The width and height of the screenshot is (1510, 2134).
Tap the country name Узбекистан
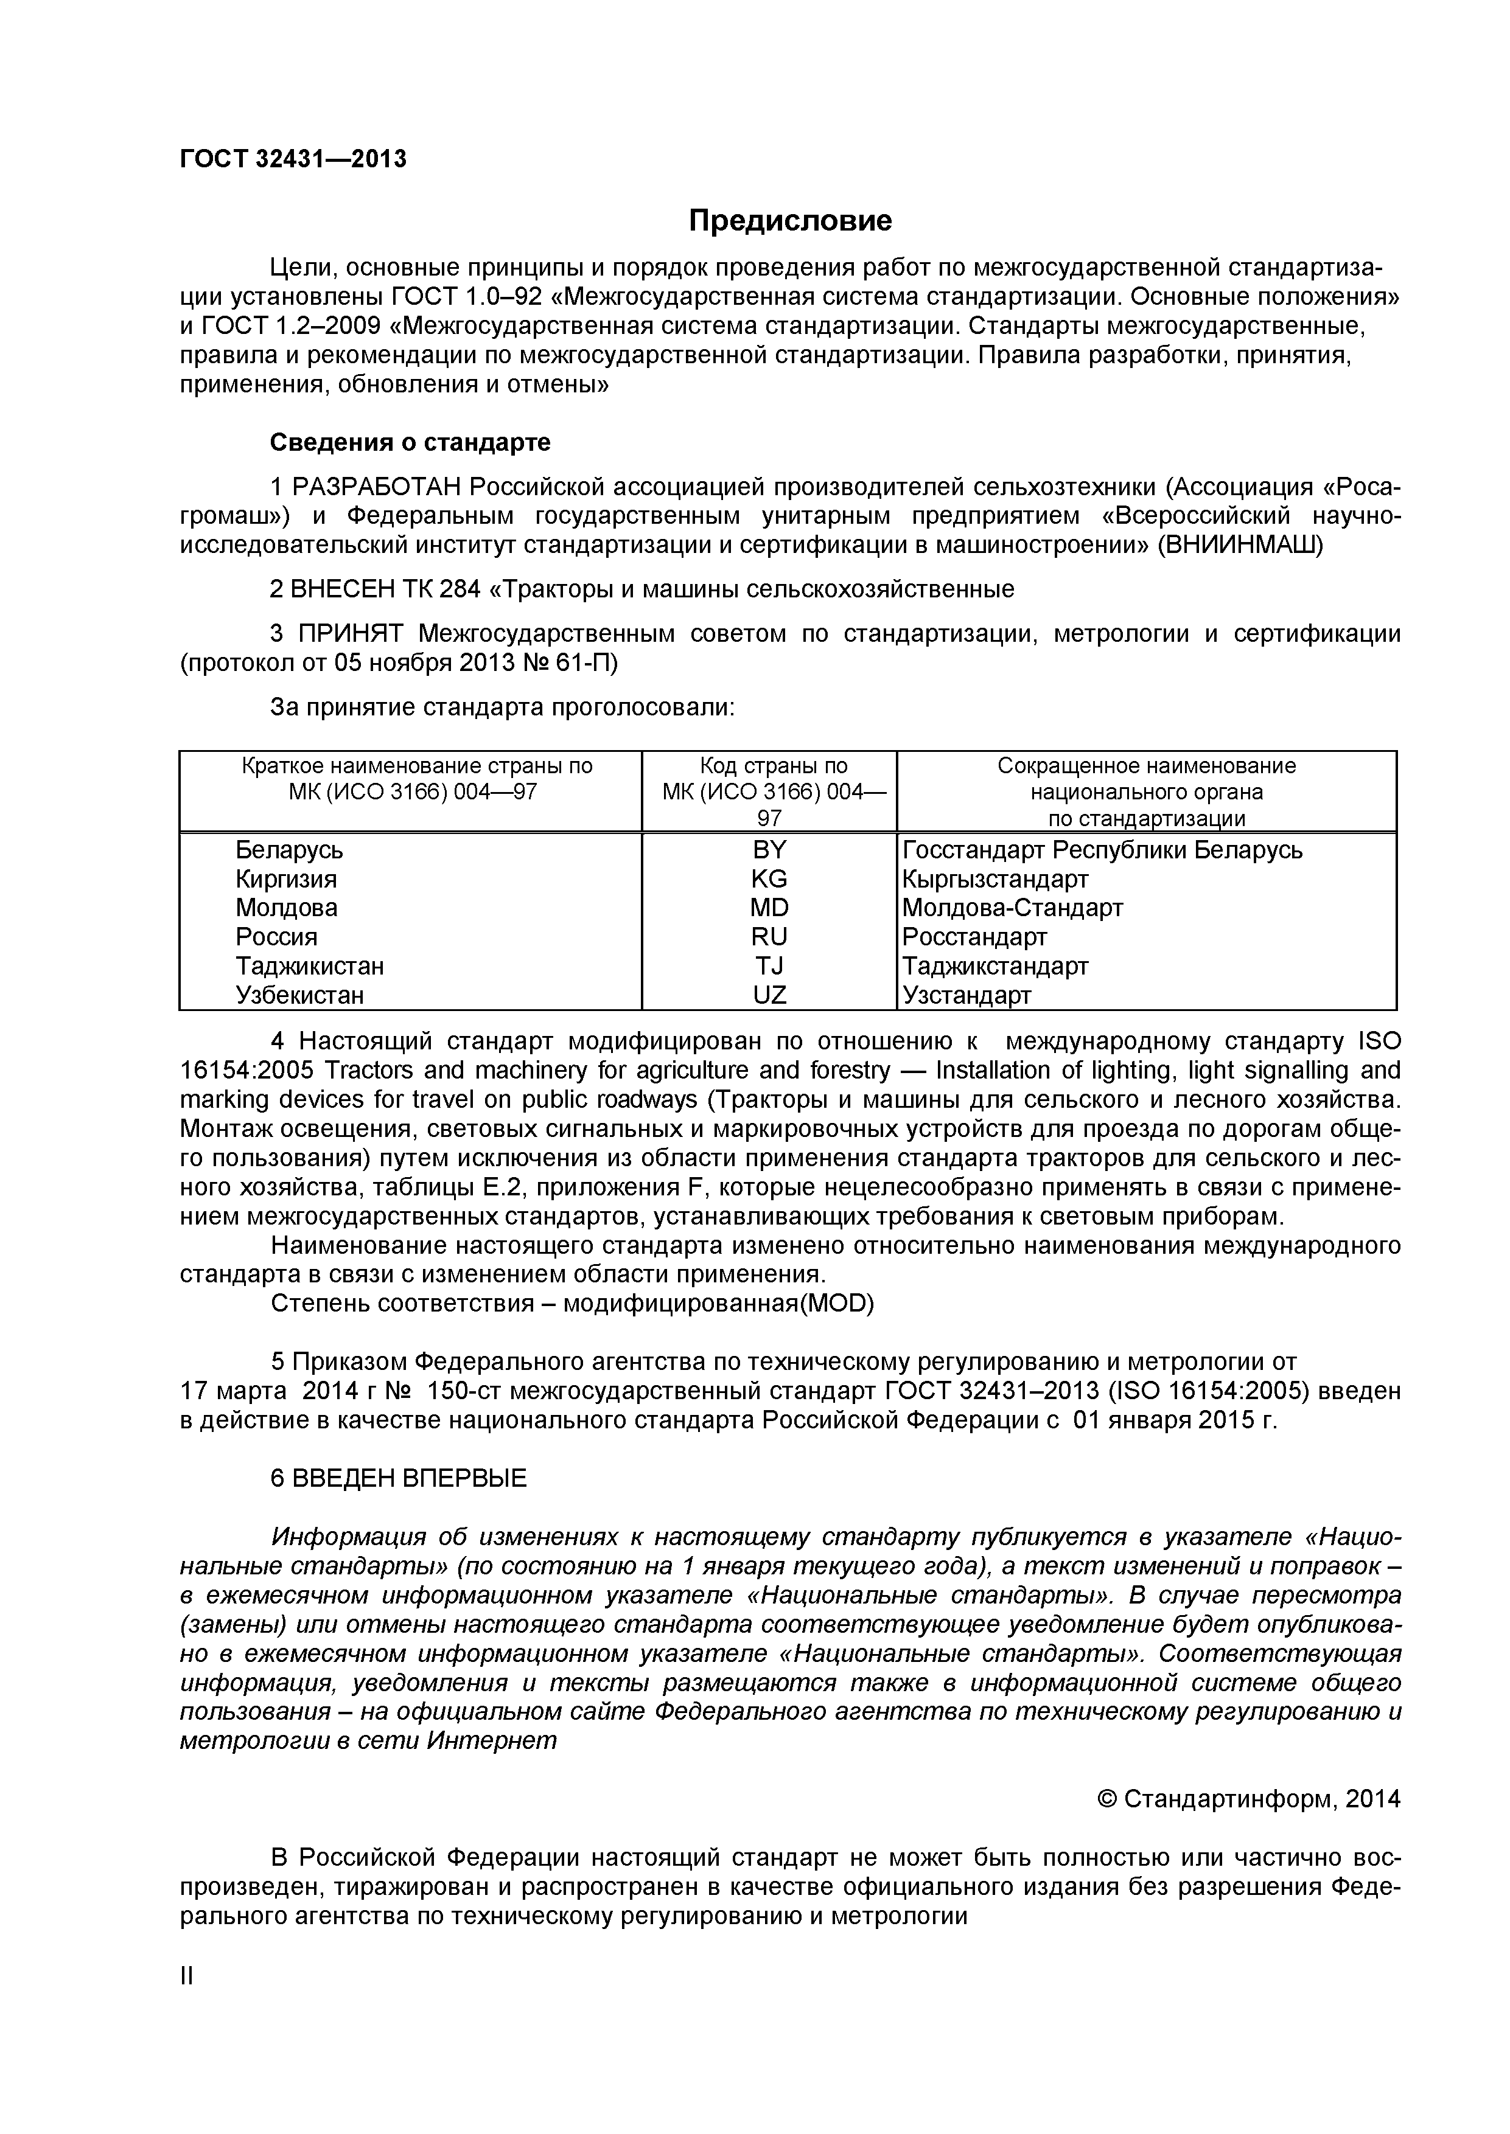pos(299,995)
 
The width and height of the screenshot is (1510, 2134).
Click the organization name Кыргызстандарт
pos(995,879)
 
